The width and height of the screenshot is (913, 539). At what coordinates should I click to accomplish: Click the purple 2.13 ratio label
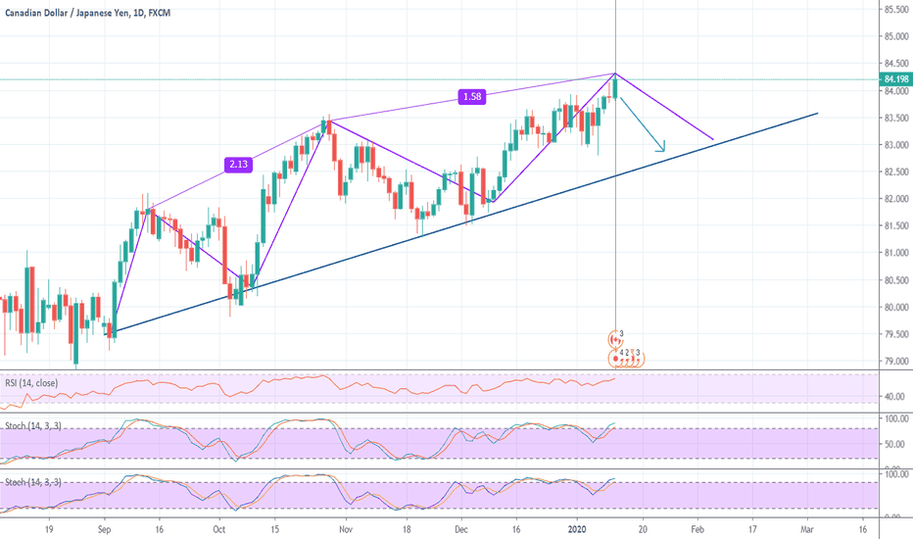click(x=239, y=164)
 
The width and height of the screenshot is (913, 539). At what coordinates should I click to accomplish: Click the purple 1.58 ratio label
click(x=473, y=96)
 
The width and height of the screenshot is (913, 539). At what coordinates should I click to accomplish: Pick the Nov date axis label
click(x=344, y=527)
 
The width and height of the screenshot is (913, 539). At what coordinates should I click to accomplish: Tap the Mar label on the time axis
click(x=807, y=527)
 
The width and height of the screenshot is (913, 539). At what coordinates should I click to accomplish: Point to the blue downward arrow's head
click(x=664, y=150)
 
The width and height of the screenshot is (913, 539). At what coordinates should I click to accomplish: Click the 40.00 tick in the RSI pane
click(x=891, y=397)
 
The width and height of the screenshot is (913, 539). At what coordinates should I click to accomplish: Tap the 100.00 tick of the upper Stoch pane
click(x=891, y=418)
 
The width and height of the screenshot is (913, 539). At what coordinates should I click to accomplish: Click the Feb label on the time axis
click(x=696, y=527)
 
